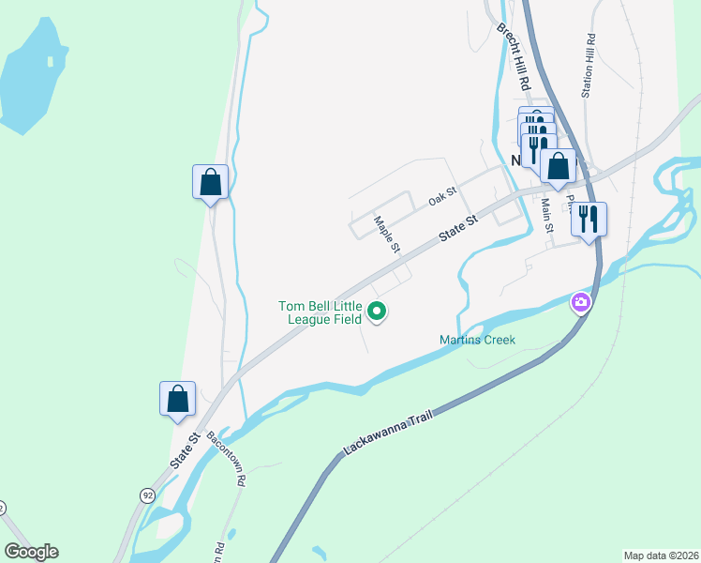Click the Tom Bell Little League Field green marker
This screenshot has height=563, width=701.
pos(377,312)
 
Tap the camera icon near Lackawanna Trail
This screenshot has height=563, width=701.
pos(581,302)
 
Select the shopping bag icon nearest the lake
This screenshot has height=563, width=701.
pos(211,182)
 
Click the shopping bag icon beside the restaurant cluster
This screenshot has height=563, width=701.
pos(559,166)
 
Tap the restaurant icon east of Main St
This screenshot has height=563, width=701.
pos(589,220)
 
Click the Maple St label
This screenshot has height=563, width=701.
pos(387,236)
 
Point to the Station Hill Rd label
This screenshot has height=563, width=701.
pos(589,66)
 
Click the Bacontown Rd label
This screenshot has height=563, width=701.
pos(226,457)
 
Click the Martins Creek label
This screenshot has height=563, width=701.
pos(477,340)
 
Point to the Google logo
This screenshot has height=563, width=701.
pos(31,552)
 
